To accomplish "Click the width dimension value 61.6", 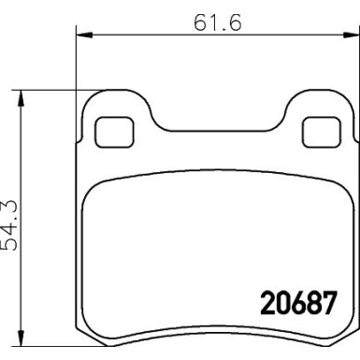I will [x=217, y=22].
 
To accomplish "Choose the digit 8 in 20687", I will [x=311, y=304].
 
